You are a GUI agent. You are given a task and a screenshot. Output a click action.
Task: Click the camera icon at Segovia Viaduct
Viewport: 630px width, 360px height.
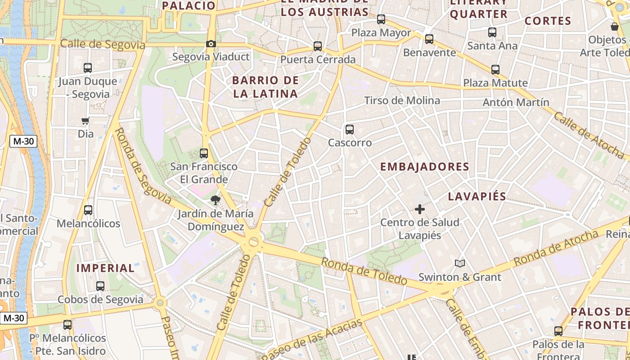click(x=211, y=44)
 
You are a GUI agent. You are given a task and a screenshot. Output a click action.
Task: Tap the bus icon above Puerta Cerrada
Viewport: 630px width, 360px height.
click(x=318, y=46)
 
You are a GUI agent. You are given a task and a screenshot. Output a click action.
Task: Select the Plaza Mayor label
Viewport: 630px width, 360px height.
click(x=381, y=33)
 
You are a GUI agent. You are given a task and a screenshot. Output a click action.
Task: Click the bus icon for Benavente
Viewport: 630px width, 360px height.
click(x=429, y=39)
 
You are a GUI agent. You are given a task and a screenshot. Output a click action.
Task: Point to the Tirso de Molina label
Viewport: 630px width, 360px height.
click(x=402, y=100)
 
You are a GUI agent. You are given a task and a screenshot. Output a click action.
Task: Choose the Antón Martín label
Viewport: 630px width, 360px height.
click(x=516, y=103)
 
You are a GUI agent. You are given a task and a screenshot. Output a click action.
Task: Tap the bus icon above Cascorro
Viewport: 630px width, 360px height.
click(x=350, y=130)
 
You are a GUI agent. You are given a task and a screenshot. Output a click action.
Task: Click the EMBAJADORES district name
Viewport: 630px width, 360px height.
click(x=424, y=167)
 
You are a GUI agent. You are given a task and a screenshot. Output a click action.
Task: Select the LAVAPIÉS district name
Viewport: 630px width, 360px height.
click(x=477, y=196)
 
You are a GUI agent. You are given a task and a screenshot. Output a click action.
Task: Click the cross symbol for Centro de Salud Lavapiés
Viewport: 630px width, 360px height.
click(x=420, y=209)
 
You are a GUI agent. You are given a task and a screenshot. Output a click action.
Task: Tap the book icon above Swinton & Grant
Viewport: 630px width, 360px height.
click(x=459, y=264)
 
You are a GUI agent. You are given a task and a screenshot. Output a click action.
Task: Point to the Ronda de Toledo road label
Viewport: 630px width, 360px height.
click(x=364, y=271)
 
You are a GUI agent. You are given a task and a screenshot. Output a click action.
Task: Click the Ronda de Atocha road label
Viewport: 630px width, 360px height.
click(x=556, y=247)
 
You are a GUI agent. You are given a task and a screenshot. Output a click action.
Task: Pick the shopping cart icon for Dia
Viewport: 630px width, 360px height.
click(x=85, y=121)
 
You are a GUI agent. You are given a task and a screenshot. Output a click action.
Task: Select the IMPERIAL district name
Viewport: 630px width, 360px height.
click(x=105, y=268)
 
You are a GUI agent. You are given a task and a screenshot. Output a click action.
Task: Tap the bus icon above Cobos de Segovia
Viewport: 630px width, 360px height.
click(x=100, y=286)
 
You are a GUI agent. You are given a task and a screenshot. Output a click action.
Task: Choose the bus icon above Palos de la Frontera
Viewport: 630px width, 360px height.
click(x=558, y=331)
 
